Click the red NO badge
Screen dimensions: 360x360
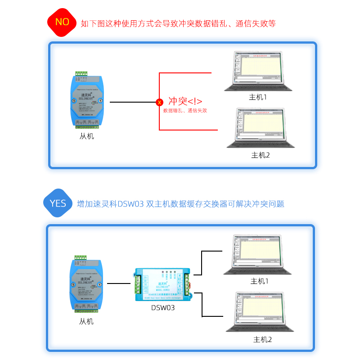pos(62,22)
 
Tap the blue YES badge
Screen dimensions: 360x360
pos(58,203)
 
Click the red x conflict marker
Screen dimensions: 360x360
pos(159,103)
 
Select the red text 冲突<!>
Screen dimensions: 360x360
pos(185,101)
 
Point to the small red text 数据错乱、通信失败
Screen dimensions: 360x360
pos(185,110)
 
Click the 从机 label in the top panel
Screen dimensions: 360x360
pos(87,136)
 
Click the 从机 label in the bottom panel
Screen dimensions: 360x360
pos(87,321)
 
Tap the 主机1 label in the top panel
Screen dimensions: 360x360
pos(258,97)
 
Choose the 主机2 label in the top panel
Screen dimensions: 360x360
pos(260,155)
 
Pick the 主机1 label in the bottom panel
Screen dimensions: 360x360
pos(259,281)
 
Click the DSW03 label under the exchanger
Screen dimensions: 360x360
pos(163,308)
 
